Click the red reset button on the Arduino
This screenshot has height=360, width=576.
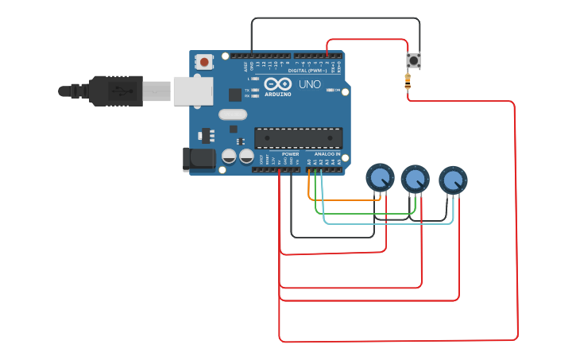pos(205,61)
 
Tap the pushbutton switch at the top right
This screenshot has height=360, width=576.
pos(413,60)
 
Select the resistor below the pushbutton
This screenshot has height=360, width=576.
pos(408,79)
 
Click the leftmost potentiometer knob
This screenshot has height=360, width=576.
pos(380,177)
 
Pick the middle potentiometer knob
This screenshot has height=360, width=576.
pos(415,178)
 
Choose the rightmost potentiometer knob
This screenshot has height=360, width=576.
pos(453,180)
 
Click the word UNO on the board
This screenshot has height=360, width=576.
pos(309,84)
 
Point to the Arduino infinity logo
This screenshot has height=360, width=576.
pos(278,84)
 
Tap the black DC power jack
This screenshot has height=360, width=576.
pos(199,158)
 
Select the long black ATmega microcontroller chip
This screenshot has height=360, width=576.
pos(298,137)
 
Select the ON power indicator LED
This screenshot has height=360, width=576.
pos(331,91)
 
